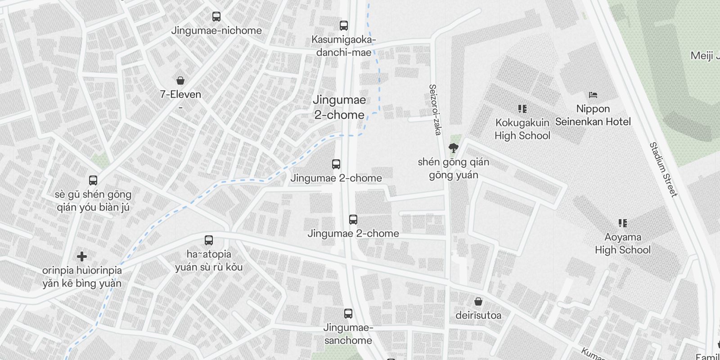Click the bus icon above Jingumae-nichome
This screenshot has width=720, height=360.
coord(216,17)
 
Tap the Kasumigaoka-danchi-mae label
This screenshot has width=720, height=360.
coord(344,46)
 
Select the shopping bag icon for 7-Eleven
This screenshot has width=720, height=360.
coord(180,81)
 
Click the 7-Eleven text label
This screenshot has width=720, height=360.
coord(180,94)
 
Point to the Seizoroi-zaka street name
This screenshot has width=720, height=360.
coord(435,110)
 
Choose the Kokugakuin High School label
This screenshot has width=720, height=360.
coord(522,129)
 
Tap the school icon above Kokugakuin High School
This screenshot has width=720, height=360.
coord(522,109)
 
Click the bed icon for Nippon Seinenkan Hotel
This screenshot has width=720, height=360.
coord(593,95)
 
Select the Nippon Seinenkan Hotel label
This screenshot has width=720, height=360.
coord(593,115)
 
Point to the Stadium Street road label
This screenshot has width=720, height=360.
coord(663,170)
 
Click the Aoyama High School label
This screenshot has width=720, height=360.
coord(623,243)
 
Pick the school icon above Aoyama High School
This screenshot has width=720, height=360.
coord(623,223)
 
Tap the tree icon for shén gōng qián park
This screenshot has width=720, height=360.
coord(453,148)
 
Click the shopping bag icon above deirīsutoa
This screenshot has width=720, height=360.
coord(478,301)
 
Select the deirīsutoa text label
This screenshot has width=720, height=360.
coord(478,315)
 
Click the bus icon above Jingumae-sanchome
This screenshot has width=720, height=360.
coord(348,314)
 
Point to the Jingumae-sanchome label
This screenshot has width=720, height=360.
coord(348,334)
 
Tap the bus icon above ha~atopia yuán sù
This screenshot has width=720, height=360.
coord(208,240)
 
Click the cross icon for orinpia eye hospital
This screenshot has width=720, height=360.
coord(82,256)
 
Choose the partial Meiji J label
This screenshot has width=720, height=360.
coord(705,56)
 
